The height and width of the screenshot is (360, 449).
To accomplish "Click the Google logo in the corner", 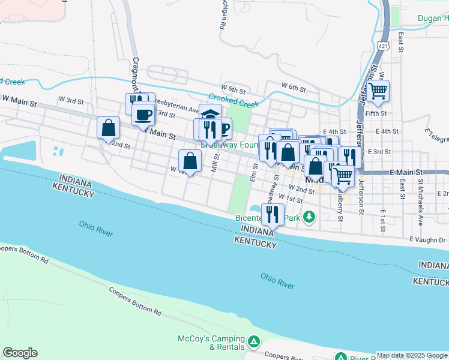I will coord(20,353).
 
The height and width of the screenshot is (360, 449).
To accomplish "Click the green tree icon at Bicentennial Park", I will coord(309,216).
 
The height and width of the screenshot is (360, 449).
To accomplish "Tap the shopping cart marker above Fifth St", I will coord(378,91).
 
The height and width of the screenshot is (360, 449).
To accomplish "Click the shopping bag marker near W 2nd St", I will coord(107,128).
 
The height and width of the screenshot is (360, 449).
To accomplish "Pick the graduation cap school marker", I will coord(210,113).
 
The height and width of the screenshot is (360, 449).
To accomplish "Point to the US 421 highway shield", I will coord(382,45).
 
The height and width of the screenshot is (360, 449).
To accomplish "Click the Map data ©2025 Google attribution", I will coord(412,355).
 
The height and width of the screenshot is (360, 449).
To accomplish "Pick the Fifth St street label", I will coord(376,112).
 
